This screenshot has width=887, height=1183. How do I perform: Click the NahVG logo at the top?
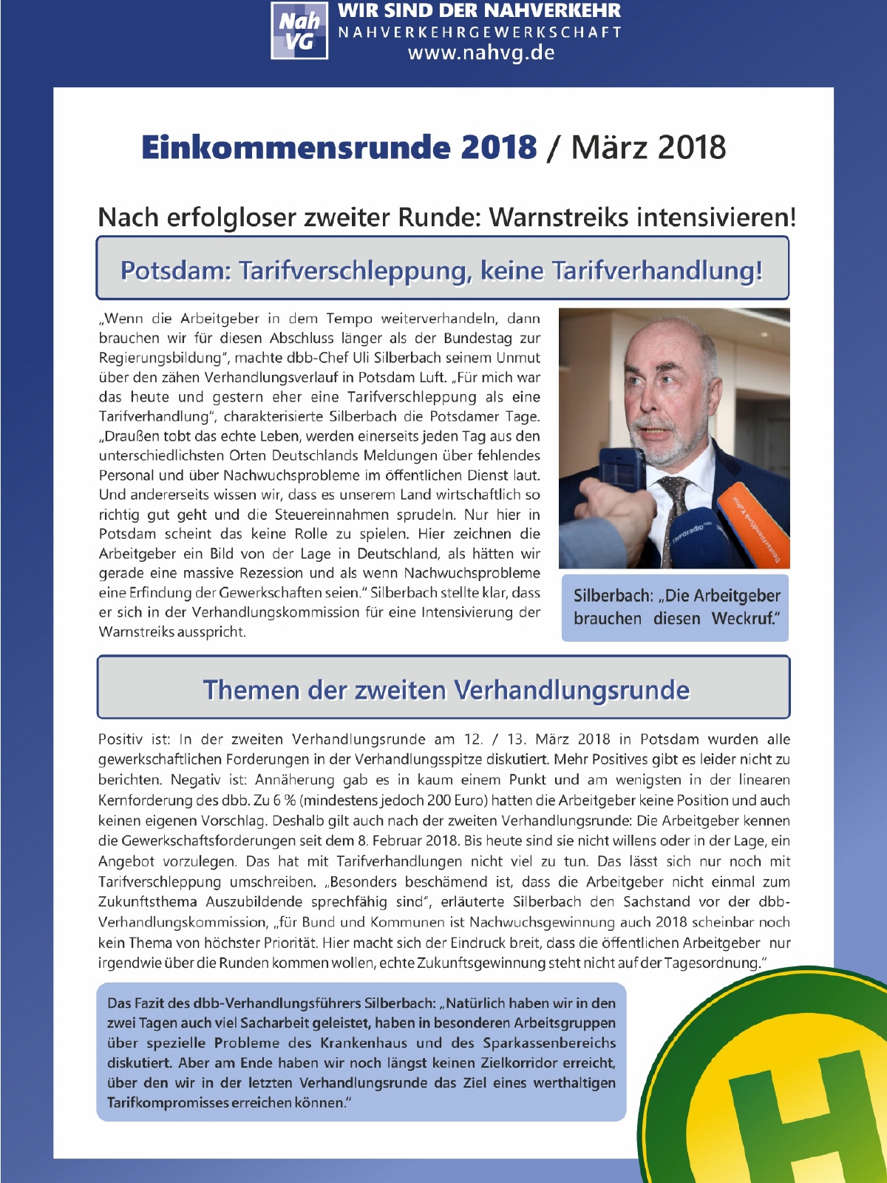click(x=299, y=31)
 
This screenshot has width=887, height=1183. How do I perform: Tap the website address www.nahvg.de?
click(x=480, y=53)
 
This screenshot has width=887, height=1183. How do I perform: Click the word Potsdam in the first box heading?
click(x=174, y=271)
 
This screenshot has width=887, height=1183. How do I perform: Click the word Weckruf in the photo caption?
click(x=744, y=618)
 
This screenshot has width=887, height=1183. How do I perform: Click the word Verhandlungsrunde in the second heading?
click(x=571, y=690)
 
